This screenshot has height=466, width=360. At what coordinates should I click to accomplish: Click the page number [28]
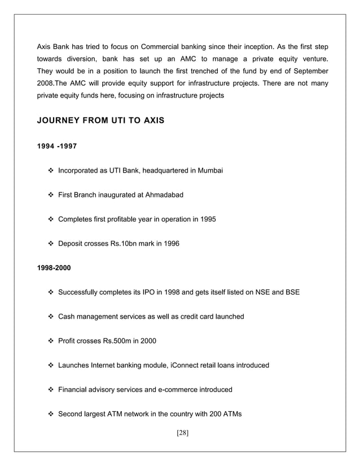[179, 434]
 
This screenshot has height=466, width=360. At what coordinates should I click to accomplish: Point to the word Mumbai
[210, 170]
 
